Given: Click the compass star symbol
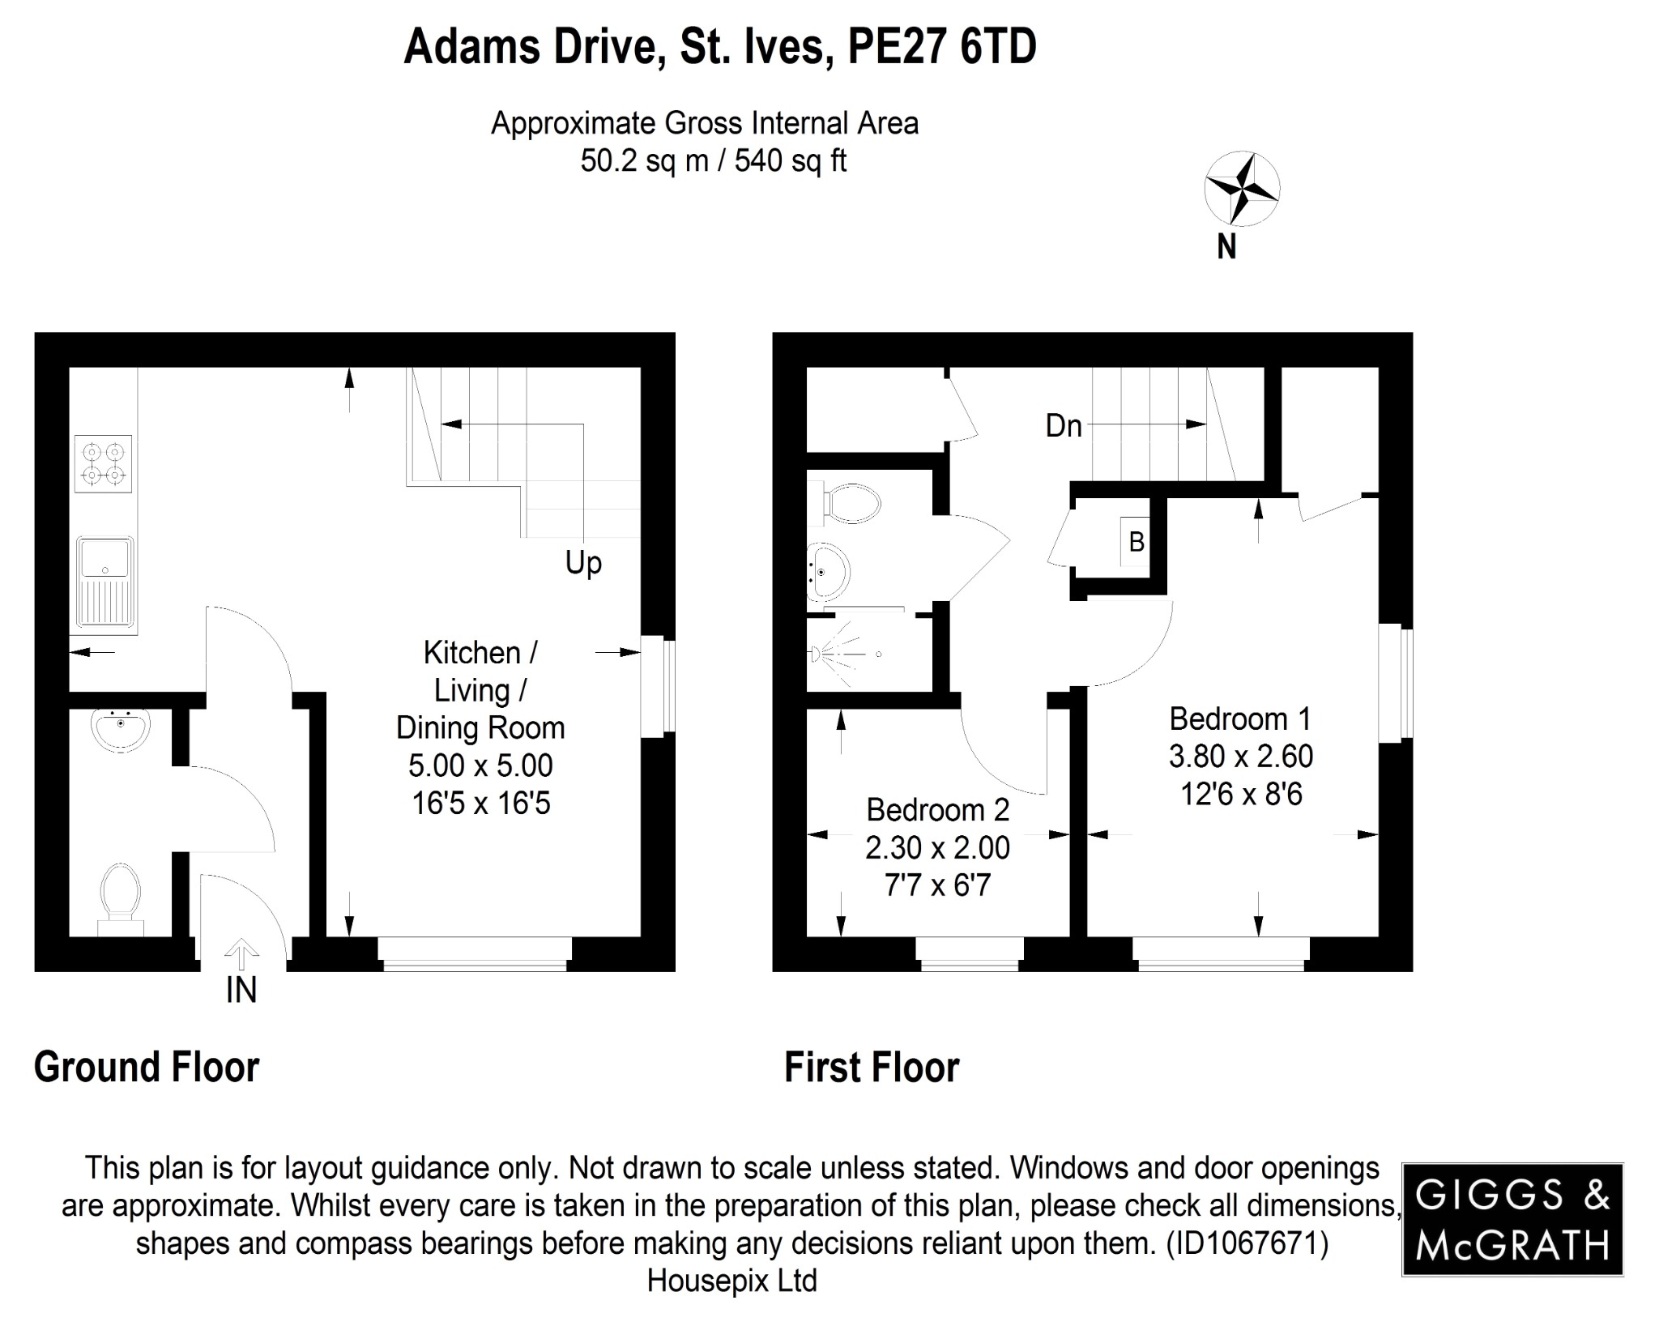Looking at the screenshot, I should point(1242,189).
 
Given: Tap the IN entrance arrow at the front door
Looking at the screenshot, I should point(241,954).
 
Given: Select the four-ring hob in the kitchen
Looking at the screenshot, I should point(103,463).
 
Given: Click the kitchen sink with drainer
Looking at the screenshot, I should point(106,581).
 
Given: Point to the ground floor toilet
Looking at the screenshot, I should point(120,894).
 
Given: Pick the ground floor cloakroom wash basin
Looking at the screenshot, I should point(120,728).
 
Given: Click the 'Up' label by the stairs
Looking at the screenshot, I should point(583,562).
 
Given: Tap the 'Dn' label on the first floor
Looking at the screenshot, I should point(1063,426).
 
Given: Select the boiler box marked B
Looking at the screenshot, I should point(1136,542).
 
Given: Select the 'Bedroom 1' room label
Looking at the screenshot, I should point(1239,718).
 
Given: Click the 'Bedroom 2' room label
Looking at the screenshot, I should point(937,809).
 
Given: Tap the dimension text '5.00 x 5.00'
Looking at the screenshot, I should point(480,765).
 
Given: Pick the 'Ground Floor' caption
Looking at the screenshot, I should point(147,1068).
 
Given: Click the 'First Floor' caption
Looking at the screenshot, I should point(872,1068).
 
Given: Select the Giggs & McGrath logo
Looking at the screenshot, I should point(1512,1220).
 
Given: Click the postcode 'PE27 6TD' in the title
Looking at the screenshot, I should point(941,47).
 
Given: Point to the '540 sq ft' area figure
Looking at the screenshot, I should point(790,161).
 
